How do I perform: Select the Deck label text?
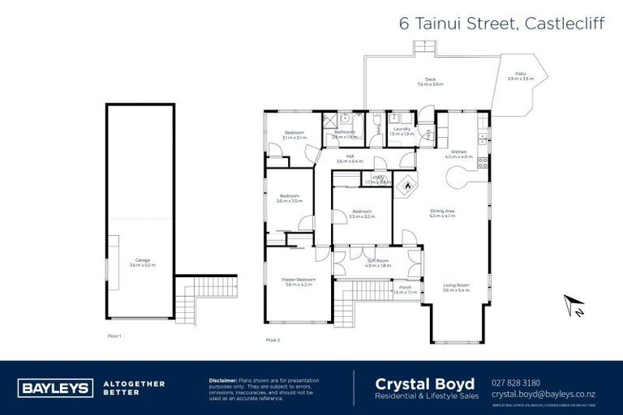(x=429, y=81)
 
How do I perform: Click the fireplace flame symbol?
(x=406, y=186)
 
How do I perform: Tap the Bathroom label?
(x=344, y=133)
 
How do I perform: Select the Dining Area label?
(x=442, y=213)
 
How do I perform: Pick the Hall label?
(x=350, y=158)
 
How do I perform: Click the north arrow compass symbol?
(x=575, y=306)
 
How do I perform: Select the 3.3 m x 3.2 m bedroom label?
(x=361, y=213)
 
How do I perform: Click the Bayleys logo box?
(x=55, y=387)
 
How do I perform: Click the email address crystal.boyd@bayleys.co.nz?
(x=544, y=394)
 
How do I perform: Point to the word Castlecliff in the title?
(x=568, y=24)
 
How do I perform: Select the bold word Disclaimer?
(x=222, y=379)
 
